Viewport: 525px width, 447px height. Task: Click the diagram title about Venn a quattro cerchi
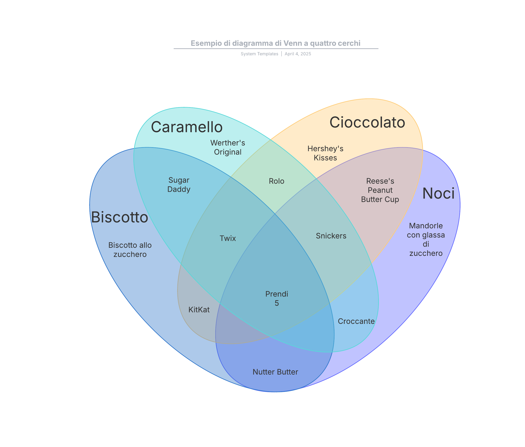click(275, 43)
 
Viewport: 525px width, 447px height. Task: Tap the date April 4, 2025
click(298, 54)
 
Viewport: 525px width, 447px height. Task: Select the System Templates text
click(259, 54)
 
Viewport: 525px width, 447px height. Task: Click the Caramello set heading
click(187, 127)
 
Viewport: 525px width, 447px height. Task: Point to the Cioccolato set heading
click(367, 123)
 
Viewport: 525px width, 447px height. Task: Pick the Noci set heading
click(438, 194)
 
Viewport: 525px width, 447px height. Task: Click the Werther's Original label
click(227, 147)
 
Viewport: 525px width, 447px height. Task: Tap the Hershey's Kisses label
click(325, 153)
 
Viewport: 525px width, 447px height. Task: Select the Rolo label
click(276, 181)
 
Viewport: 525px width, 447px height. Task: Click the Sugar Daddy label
click(179, 185)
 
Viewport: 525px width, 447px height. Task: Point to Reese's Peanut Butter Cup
click(380, 190)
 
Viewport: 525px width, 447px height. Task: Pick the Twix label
click(228, 238)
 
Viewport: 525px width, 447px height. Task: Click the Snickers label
click(331, 236)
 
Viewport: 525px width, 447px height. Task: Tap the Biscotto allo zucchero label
click(130, 250)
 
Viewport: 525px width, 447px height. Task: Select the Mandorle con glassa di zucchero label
click(426, 239)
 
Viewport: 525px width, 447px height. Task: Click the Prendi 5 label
click(277, 298)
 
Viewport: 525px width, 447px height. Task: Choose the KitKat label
click(199, 309)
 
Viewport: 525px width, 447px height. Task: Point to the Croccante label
click(356, 321)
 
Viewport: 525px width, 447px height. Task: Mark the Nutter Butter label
click(275, 372)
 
